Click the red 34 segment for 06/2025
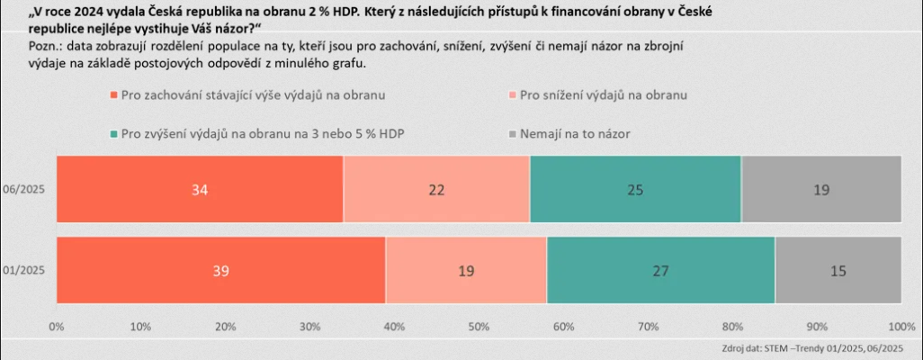click(200, 188)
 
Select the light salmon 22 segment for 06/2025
click(436, 188)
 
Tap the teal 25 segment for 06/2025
click(635, 188)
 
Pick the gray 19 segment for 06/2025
click(820, 188)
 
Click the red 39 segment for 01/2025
click(220, 270)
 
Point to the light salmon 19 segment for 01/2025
click(466, 270)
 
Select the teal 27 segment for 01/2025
click(660, 270)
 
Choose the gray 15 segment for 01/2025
click(837, 270)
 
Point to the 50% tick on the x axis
click(478, 326)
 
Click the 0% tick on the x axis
click(56, 326)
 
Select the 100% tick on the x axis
click(901, 326)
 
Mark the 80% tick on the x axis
click(731, 326)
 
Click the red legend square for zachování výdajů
click(112, 94)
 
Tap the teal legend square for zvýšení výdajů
click(112, 133)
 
